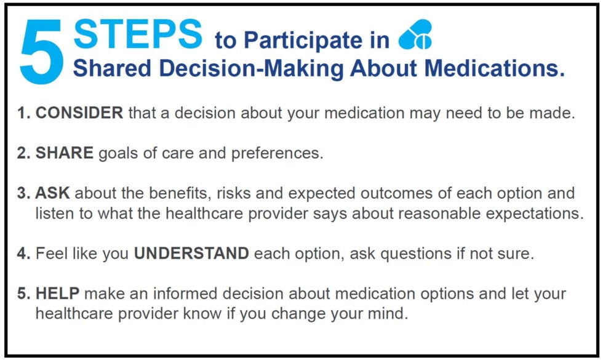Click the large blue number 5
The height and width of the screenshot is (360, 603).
click(x=42, y=50)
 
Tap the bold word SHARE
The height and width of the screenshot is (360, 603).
click(x=65, y=154)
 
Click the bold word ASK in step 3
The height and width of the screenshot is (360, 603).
click(x=53, y=194)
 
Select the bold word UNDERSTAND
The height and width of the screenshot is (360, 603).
click(x=191, y=254)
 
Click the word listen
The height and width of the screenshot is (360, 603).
click(x=54, y=213)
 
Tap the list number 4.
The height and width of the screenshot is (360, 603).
click(x=23, y=254)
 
